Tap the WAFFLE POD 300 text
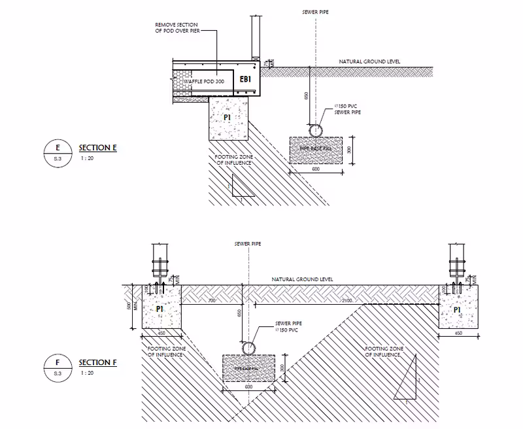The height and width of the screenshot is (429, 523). pos(195,79)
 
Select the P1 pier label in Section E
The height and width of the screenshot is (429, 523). pos(228,118)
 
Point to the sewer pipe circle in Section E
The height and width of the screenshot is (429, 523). pos(316,130)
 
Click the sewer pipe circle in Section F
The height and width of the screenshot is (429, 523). pos(250,349)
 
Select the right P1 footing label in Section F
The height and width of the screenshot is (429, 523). pos(457,309)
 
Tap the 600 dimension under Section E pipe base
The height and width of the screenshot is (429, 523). pos(316,170)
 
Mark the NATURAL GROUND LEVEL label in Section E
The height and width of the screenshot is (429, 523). pos(369,61)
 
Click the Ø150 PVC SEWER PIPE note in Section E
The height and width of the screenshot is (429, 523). pos(347,109)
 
